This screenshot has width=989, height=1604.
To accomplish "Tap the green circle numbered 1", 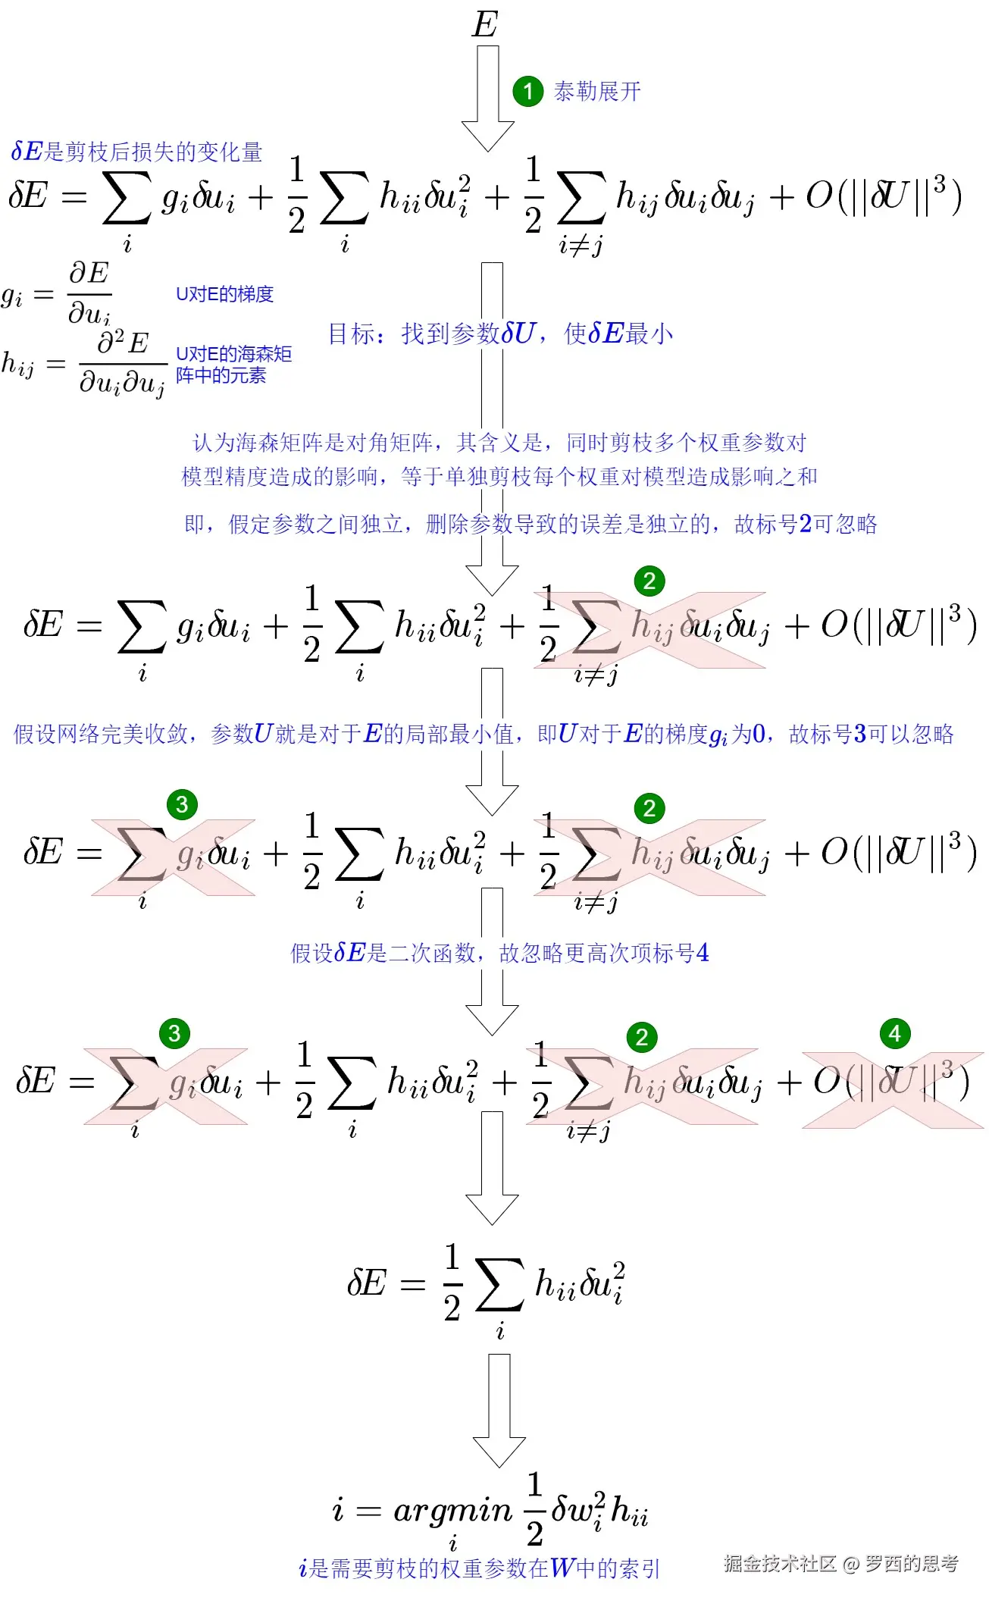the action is [527, 92].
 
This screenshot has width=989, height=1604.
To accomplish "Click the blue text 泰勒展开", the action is [597, 92].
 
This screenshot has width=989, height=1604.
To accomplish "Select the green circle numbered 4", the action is [894, 1033].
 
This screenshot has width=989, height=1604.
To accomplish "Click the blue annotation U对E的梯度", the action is [224, 294].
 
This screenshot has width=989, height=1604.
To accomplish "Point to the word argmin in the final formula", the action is [452, 1511].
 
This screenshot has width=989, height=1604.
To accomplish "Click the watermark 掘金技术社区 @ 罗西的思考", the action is [840, 1564].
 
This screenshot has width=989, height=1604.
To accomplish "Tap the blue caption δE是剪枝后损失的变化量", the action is [136, 152].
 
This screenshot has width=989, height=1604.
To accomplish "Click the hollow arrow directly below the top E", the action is [488, 99].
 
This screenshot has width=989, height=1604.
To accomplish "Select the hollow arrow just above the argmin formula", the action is [499, 1410].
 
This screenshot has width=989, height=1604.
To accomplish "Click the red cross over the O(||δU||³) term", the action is [893, 1089].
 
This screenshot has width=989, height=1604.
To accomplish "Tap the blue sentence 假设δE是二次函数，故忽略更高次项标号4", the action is [499, 953].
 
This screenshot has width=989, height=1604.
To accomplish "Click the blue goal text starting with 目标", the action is [500, 334].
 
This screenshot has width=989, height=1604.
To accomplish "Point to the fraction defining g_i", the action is [89, 293].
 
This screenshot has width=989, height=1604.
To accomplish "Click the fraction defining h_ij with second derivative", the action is [122, 364].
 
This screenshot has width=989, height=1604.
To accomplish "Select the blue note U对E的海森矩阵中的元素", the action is [233, 364].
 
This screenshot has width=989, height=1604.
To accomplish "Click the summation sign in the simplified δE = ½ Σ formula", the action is [499, 1286].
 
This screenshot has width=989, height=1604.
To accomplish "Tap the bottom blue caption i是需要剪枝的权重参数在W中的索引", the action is [479, 1568].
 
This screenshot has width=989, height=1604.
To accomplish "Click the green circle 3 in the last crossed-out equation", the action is [174, 1033].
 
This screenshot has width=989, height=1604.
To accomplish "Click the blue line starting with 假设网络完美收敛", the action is [484, 734].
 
